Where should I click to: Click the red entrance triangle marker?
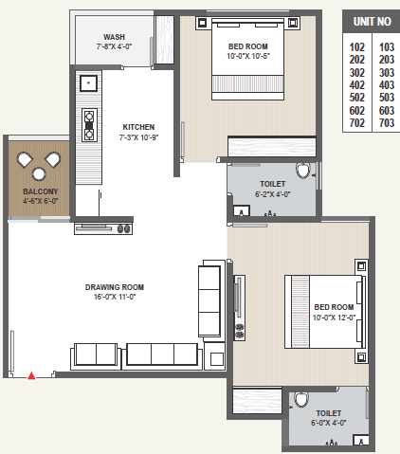click(31, 375)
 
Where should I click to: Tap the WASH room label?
click(114, 37)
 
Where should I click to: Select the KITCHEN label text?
click(138, 127)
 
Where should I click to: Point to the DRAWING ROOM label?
click(115, 287)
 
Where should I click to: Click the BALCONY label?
click(41, 191)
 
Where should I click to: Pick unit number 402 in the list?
click(357, 85)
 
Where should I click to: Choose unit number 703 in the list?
click(387, 122)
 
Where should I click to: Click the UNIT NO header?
click(373, 22)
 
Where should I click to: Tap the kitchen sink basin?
click(89, 83)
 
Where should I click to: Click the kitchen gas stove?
click(89, 125)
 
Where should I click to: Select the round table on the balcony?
click(39, 173)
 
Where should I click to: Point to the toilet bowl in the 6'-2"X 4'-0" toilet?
click(303, 171)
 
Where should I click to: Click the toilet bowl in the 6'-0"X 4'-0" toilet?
click(300, 400)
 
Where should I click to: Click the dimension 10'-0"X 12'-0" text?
click(334, 318)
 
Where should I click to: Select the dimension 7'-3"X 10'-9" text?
click(138, 137)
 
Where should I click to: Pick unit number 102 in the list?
click(357, 47)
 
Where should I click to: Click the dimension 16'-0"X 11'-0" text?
click(115, 297)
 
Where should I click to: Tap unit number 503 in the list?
click(387, 98)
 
